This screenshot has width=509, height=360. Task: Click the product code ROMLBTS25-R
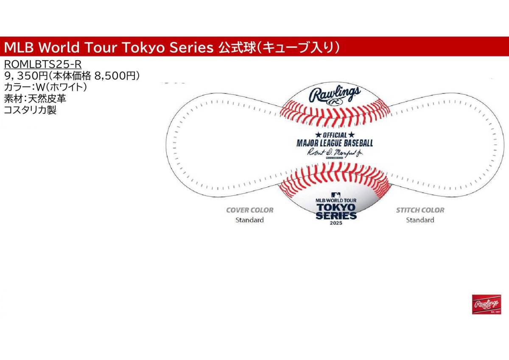pos(42,64)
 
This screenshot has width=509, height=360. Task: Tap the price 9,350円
pos(26,76)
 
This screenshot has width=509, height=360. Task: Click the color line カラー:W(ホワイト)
pos(45,87)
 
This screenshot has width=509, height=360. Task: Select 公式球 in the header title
pos(235,48)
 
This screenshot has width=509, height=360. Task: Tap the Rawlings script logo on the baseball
pos(335,94)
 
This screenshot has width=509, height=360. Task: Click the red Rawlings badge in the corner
pos(487,304)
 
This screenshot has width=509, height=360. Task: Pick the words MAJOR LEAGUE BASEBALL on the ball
pos(335,143)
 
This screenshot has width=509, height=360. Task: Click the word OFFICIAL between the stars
pos(335,135)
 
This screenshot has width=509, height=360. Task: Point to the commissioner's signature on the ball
pos(335,152)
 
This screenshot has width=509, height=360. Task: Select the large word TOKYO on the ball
pos(336,207)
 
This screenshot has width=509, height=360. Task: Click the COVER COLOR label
pos(249,210)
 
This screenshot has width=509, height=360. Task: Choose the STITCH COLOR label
pos(420,210)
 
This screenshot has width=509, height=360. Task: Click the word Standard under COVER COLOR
pos(249,220)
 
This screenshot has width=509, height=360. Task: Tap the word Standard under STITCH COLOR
pos(420,220)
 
